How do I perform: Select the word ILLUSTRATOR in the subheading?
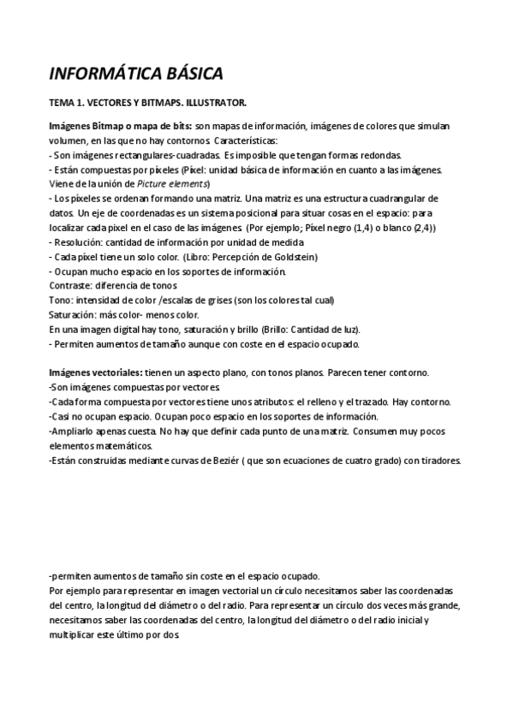213,104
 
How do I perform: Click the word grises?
218,300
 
